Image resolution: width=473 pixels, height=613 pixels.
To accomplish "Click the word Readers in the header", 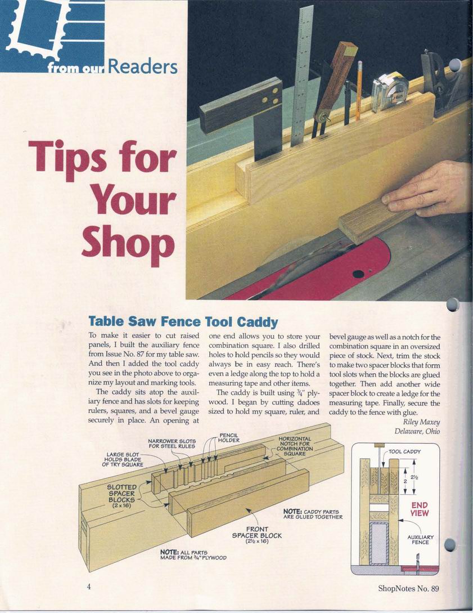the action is pos(142,66).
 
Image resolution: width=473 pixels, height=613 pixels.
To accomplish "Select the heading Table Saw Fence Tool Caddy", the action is pos(183,322).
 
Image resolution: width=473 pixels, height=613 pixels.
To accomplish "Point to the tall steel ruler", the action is pos(302,76).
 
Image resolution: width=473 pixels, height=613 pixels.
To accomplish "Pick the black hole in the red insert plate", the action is pos(358,274).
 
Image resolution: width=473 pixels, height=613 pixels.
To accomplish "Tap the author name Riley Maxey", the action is pos(421,422).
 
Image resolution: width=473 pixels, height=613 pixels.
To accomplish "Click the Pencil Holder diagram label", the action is pos(228,437).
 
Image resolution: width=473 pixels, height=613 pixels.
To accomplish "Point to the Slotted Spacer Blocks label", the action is pos(122,496).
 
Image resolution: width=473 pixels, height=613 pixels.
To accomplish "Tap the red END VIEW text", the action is pos(420,509).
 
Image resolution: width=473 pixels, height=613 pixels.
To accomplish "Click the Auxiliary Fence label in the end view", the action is pos(420,539).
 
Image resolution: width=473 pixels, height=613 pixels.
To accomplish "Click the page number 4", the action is pos(89,587).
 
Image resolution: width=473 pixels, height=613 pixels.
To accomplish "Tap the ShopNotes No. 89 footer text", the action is pos(408,588).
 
